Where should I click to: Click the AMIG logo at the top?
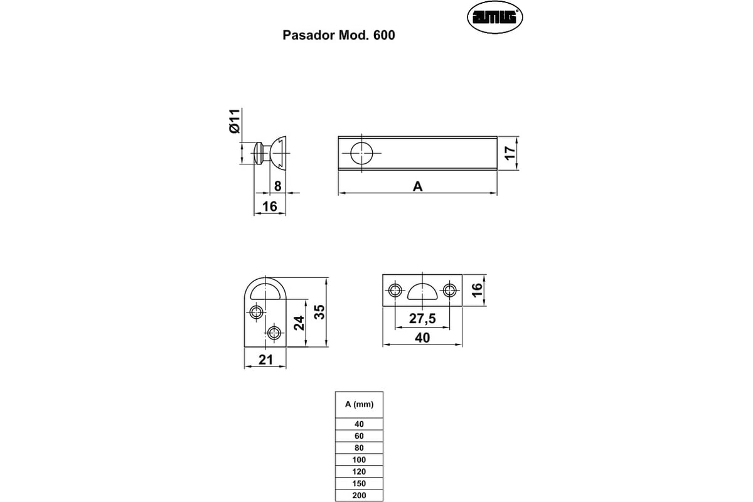tap(495, 18)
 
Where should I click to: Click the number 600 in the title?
tap(384, 36)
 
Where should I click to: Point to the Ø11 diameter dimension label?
tap(234, 120)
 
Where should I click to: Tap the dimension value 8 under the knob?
tap(277, 186)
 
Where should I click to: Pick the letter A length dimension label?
tap(417, 186)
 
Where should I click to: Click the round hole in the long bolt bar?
tap(362, 153)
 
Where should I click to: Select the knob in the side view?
tap(271, 152)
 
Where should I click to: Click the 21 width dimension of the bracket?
tap(265, 360)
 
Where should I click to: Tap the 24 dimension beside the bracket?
tap(299, 323)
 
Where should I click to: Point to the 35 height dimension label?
tap(320, 312)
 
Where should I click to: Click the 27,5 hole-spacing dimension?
tap(422, 319)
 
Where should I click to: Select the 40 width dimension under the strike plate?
tap(422, 338)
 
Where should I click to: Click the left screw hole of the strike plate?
tap(395, 291)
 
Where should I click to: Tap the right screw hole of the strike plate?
tap(449, 291)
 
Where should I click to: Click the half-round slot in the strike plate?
tap(422, 291)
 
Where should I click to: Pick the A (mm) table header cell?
tap(359, 405)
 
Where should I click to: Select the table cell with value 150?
tap(359, 484)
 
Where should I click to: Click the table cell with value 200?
tap(359, 496)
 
